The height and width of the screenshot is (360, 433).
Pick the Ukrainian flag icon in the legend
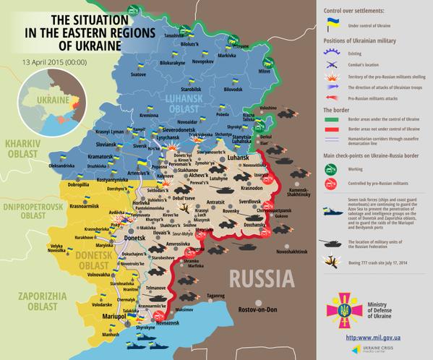(x=333, y=26)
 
